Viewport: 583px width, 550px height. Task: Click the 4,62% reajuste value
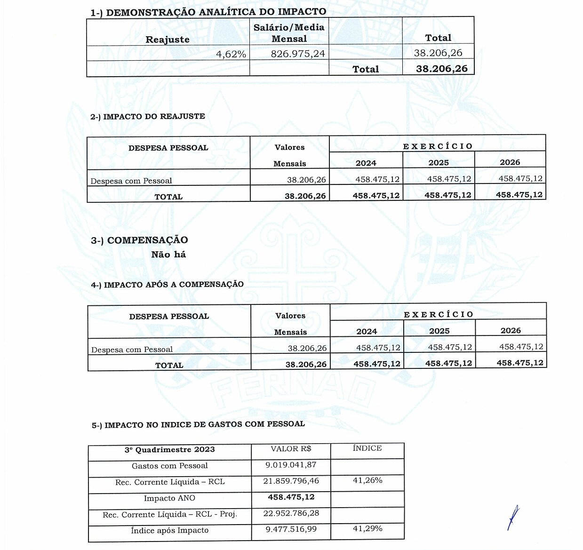click(x=231, y=54)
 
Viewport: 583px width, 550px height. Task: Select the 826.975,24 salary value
click(x=298, y=54)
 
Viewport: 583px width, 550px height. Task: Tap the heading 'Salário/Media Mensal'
click(x=289, y=33)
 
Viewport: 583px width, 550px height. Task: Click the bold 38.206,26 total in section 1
click(x=441, y=69)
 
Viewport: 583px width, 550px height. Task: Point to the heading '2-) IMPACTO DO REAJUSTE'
click(x=148, y=116)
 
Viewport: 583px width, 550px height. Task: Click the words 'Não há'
click(x=168, y=255)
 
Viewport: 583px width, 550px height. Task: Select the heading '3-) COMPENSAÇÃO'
click(x=139, y=240)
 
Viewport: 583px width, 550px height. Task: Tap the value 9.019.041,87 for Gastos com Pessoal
click(x=291, y=465)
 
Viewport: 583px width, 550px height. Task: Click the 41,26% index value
click(x=367, y=480)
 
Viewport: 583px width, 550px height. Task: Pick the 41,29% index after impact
click(x=367, y=528)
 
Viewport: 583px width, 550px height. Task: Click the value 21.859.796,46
click(x=291, y=481)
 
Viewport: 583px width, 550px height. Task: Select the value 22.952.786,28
click(x=291, y=513)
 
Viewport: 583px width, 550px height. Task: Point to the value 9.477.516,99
click(x=291, y=529)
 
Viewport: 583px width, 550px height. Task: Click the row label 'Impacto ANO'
click(x=169, y=498)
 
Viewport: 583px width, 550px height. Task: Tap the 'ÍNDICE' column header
click(x=367, y=448)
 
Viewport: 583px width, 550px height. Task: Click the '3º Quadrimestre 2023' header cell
click(x=169, y=450)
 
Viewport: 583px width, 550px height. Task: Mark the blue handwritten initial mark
click(x=513, y=518)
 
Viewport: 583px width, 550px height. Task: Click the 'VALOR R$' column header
click(x=291, y=449)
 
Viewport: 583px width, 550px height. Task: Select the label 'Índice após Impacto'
click(x=169, y=530)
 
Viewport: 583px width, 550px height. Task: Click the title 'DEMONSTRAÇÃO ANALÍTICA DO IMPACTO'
click(x=216, y=12)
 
